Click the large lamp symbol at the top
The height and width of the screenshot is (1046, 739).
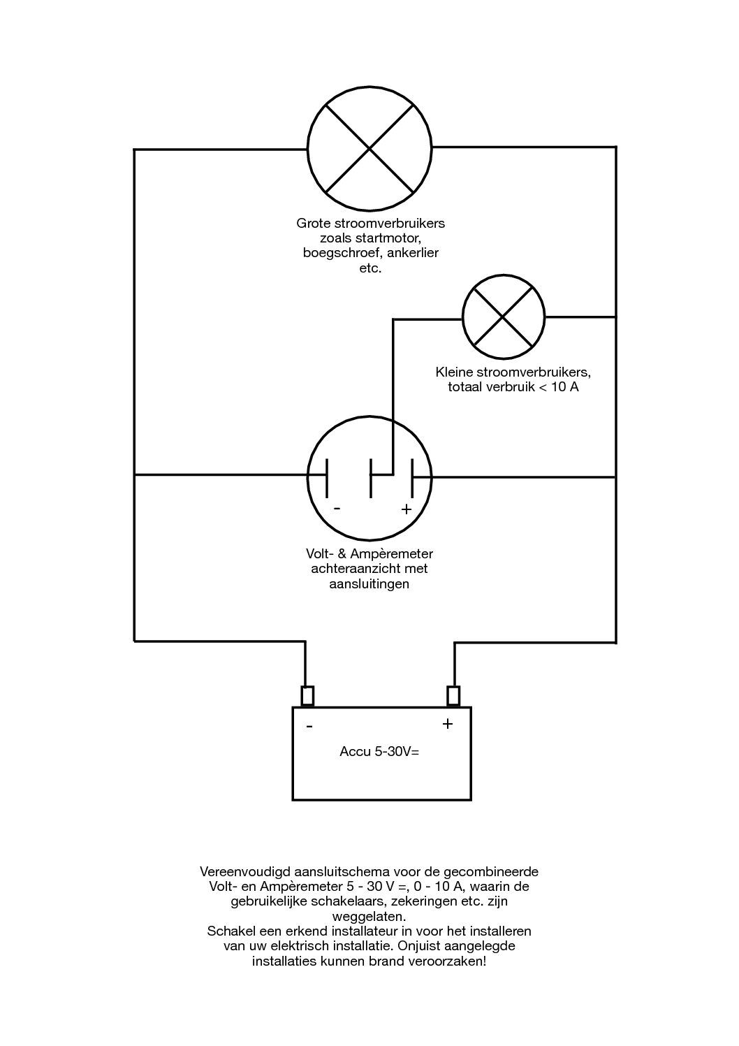point(369,148)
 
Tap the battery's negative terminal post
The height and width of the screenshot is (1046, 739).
point(307,696)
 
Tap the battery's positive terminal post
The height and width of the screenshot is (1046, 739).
point(453,696)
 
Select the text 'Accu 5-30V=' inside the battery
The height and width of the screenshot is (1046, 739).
point(379,753)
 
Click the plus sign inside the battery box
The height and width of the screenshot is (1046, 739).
point(448,724)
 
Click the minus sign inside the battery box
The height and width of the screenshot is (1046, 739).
point(309,727)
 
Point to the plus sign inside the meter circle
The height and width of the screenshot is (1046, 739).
point(407,509)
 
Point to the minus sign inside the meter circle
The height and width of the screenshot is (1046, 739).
point(337,508)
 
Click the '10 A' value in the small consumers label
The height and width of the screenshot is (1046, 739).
point(564,386)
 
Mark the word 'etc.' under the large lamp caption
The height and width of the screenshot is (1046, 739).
point(369,268)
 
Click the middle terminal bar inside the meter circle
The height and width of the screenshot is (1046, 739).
point(371,478)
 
